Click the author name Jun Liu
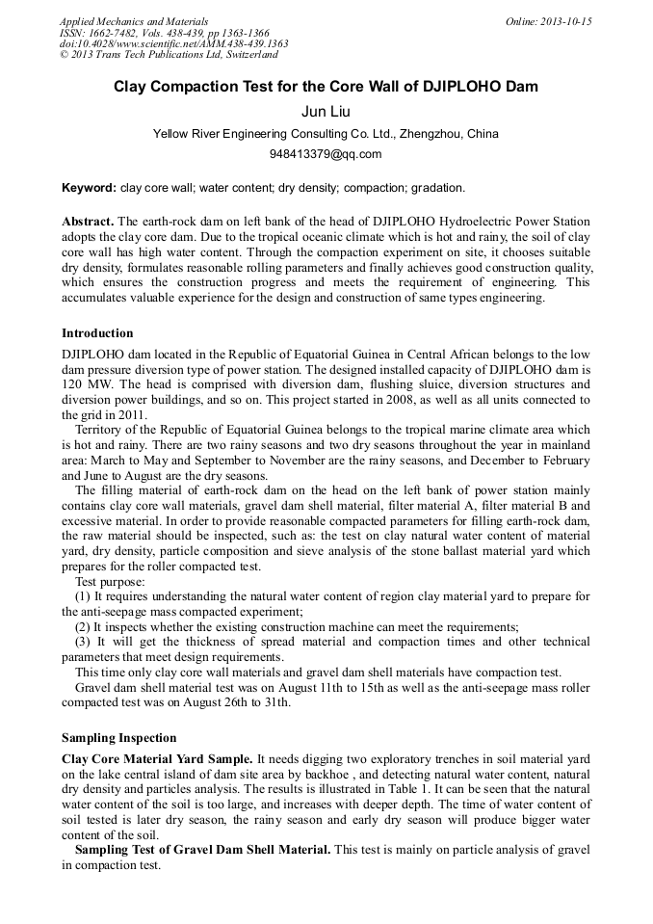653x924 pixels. (x=326, y=112)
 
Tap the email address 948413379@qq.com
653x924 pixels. (x=326, y=154)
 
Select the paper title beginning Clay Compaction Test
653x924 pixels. (x=326, y=87)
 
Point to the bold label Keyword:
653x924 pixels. (x=89, y=187)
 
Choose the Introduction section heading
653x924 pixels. (x=97, y=333)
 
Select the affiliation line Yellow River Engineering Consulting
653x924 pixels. (x=326, y=134)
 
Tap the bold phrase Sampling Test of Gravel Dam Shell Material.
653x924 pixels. (x=202, y=850)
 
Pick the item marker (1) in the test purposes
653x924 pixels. (x=83, y=597)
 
